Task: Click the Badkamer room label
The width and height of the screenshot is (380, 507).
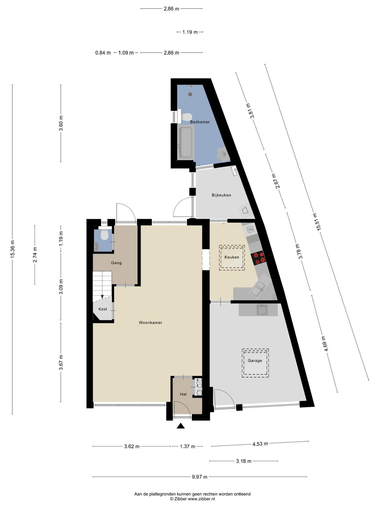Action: [200, 122]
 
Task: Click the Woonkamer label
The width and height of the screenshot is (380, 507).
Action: [150, 323]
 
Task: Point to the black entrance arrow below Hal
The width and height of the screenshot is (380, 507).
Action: [180, 426]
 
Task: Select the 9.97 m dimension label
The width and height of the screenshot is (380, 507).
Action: [199, 477]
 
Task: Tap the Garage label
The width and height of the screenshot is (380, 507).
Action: [255, 361]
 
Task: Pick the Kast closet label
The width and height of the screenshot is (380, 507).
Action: [103, 309]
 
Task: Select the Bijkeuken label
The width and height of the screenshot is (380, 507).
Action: [221, 195]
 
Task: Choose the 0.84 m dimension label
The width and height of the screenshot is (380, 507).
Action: [103, 53]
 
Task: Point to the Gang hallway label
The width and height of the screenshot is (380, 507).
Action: [116, 263]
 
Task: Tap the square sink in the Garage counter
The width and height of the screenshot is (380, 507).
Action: [262, 310]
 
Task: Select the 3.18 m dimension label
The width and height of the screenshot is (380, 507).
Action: [244, 461]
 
